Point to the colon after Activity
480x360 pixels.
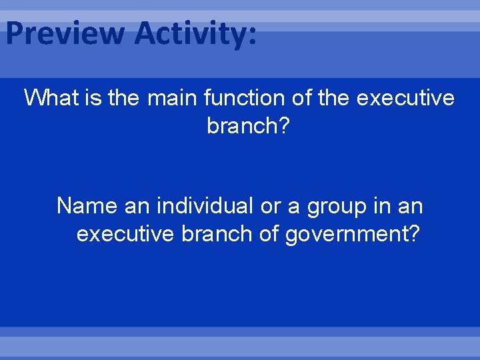(x=251, y=36)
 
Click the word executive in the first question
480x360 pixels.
(x=406, y=99)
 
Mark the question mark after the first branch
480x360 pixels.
(x=284, y=125)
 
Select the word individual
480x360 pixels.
(x=204, y=206)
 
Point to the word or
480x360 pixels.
(x=270, y=206)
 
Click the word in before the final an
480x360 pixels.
(x=381, y=206)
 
